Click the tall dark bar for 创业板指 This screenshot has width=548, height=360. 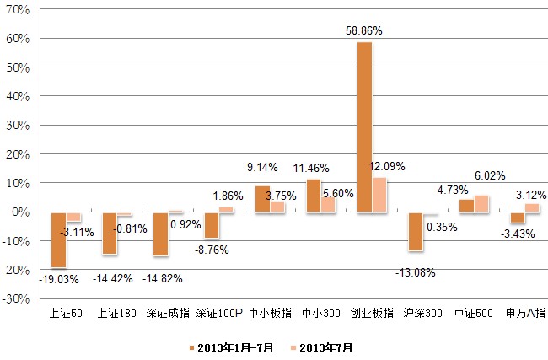[x=364, y=126]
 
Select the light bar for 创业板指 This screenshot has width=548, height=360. [x=379, y=195]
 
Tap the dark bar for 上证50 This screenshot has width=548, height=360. [x=58, y=239]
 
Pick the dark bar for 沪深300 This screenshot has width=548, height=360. [x=415, y=231]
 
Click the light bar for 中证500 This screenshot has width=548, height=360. [x=481, y=204]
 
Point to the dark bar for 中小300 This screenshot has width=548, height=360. [x=314, y=196]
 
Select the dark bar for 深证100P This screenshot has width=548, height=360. [x=212, y=225]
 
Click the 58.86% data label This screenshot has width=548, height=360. [x=364, y=30]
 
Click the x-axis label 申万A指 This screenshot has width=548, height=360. [x=525, y=313]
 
